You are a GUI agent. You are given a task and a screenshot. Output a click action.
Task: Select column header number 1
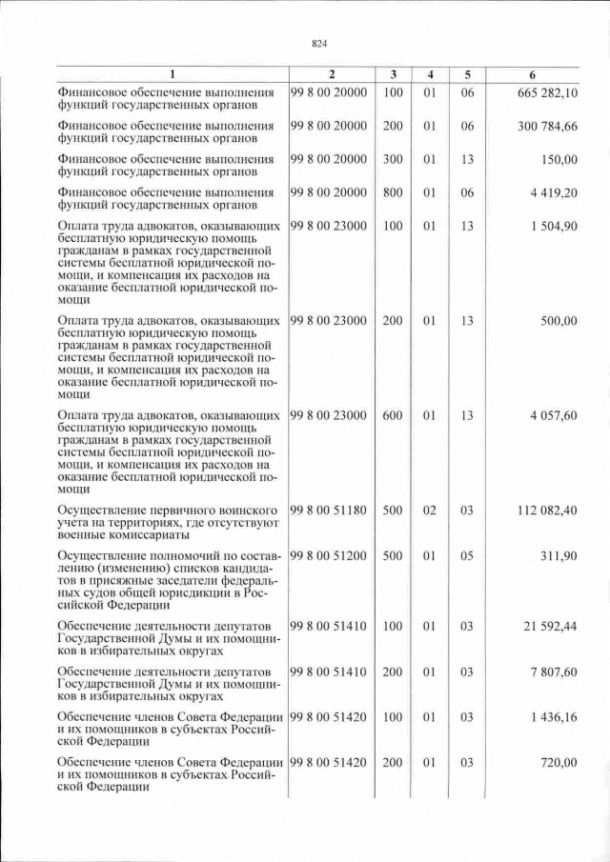pos(172,74)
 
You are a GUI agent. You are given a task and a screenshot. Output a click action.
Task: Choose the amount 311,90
pos(558,555)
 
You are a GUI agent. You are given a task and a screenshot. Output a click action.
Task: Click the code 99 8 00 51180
pos(328,511)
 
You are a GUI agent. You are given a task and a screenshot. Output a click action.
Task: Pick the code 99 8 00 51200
pos(328,555)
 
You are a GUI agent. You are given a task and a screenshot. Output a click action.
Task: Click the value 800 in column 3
pos(393,192)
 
